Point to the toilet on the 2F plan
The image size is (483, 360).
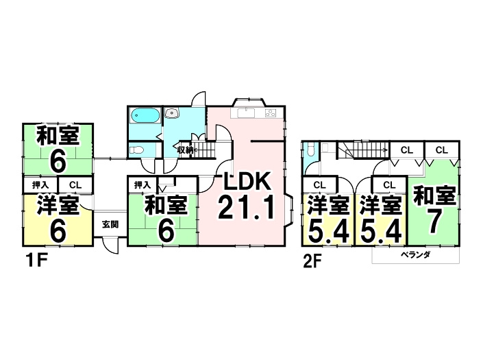click(x=310, y=150)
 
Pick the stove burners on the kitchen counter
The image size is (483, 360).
click(x=271, y=113)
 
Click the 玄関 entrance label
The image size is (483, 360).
click(x=110, y=224)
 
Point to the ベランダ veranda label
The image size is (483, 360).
click(x=415, y=255)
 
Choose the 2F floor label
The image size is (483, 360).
click(x=314, y=261)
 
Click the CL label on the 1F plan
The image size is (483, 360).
click(x=75, y=184)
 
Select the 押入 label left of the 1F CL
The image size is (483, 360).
click(x=40, y=184)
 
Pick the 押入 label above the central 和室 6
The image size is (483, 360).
click(x=142, y=184)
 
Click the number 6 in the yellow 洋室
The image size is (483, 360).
click(x=58, y=230)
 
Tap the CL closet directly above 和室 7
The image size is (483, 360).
click(x=441, y=149)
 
